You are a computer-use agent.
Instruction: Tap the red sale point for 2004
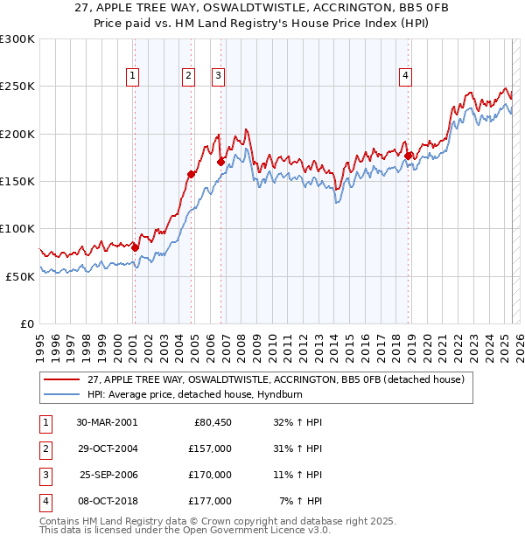[x=191, y=174]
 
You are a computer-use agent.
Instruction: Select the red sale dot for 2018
[x=409, y=156]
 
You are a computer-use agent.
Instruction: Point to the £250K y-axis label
[x=17, y=87]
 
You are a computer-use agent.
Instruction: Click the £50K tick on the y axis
[x=20, y=276]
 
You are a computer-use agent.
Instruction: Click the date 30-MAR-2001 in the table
[x=107, y=422]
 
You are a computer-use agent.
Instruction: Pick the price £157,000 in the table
[x=210, y=448]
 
